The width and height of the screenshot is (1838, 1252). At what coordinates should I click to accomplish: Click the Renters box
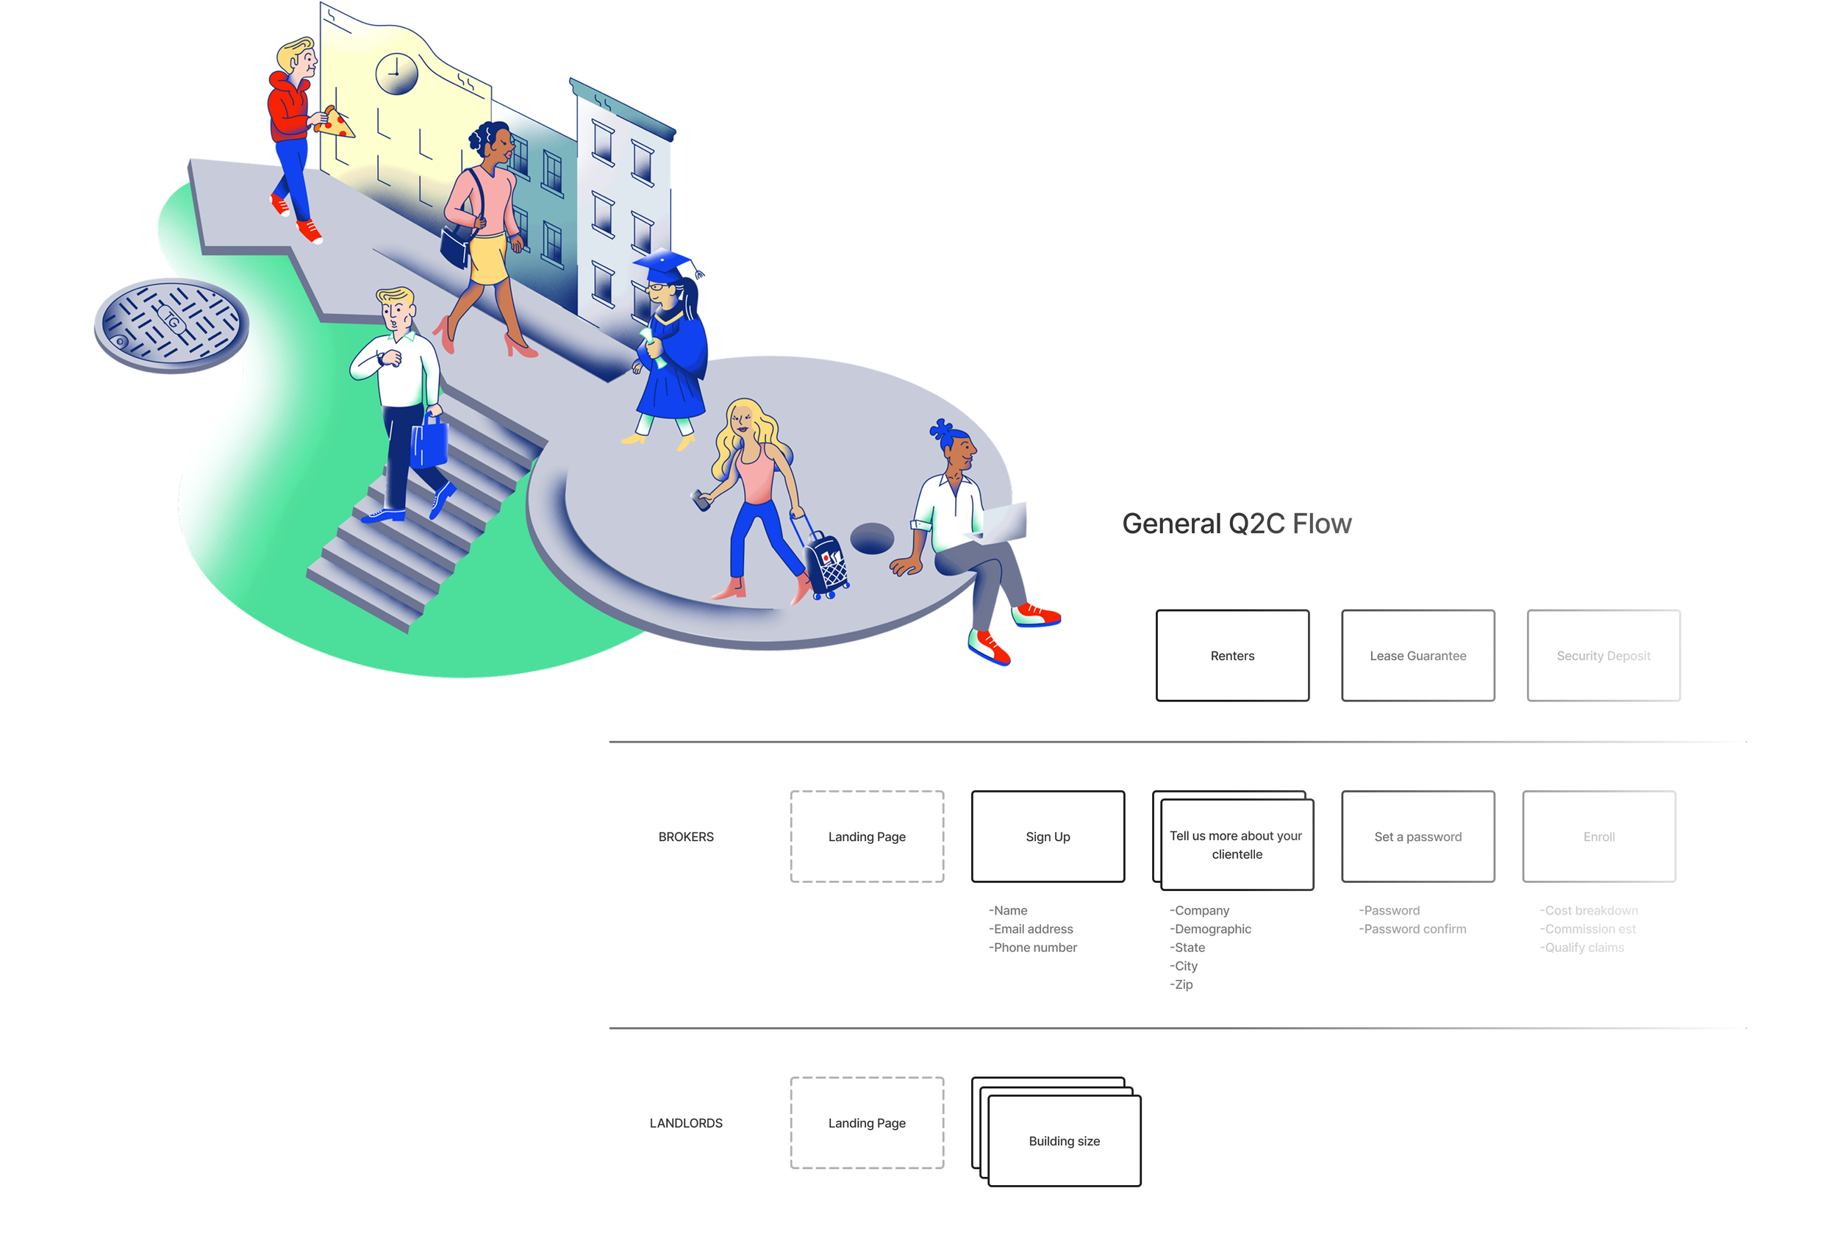[1231, 655]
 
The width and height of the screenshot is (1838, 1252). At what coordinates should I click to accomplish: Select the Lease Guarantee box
[1417, 655]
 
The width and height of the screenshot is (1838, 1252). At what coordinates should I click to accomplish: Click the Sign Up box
[1047, 836]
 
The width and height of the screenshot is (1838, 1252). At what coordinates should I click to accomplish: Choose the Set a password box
[1417, 836]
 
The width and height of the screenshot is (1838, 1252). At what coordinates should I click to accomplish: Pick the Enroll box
[1598, 836]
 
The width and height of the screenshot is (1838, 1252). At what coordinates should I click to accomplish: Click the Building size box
[1064, 1140]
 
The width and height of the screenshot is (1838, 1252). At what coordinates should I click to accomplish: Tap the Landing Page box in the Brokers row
[867, 836]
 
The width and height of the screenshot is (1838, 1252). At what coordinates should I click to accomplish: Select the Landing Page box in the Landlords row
[867, 1123]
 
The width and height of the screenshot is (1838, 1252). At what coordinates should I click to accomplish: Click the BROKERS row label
[686, 837]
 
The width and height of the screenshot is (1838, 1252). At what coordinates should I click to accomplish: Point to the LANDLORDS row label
[686, 1123]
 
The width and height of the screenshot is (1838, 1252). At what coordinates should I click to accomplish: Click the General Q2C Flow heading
[1236, 523]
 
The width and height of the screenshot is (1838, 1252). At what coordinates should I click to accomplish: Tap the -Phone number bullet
[1033, 947]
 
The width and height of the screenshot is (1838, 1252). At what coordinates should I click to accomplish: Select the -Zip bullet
[1181, 984]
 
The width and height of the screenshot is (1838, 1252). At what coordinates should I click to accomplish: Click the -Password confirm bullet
[1412, 929]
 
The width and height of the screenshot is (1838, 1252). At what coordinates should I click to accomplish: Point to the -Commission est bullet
[1587, 929]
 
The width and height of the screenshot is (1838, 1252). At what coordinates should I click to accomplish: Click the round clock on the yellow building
[396, 74]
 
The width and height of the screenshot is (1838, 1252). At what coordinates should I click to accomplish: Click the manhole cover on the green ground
[171, 324]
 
